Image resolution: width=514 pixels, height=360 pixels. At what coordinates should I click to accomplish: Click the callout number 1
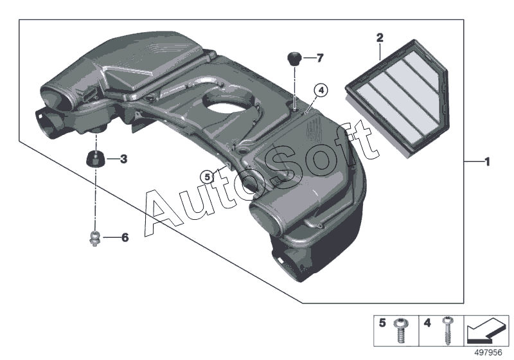tap(487, 162)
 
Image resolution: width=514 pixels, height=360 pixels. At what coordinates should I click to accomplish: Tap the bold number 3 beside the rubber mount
tap(123, 158)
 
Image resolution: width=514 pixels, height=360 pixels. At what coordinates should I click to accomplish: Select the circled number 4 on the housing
tap(321, 91)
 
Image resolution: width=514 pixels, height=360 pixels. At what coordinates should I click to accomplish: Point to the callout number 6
tap(125, 238)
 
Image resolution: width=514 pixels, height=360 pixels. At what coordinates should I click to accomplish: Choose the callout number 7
tap(319, 58)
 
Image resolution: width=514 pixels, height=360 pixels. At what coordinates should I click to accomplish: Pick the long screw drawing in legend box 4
tap(444, 329)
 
